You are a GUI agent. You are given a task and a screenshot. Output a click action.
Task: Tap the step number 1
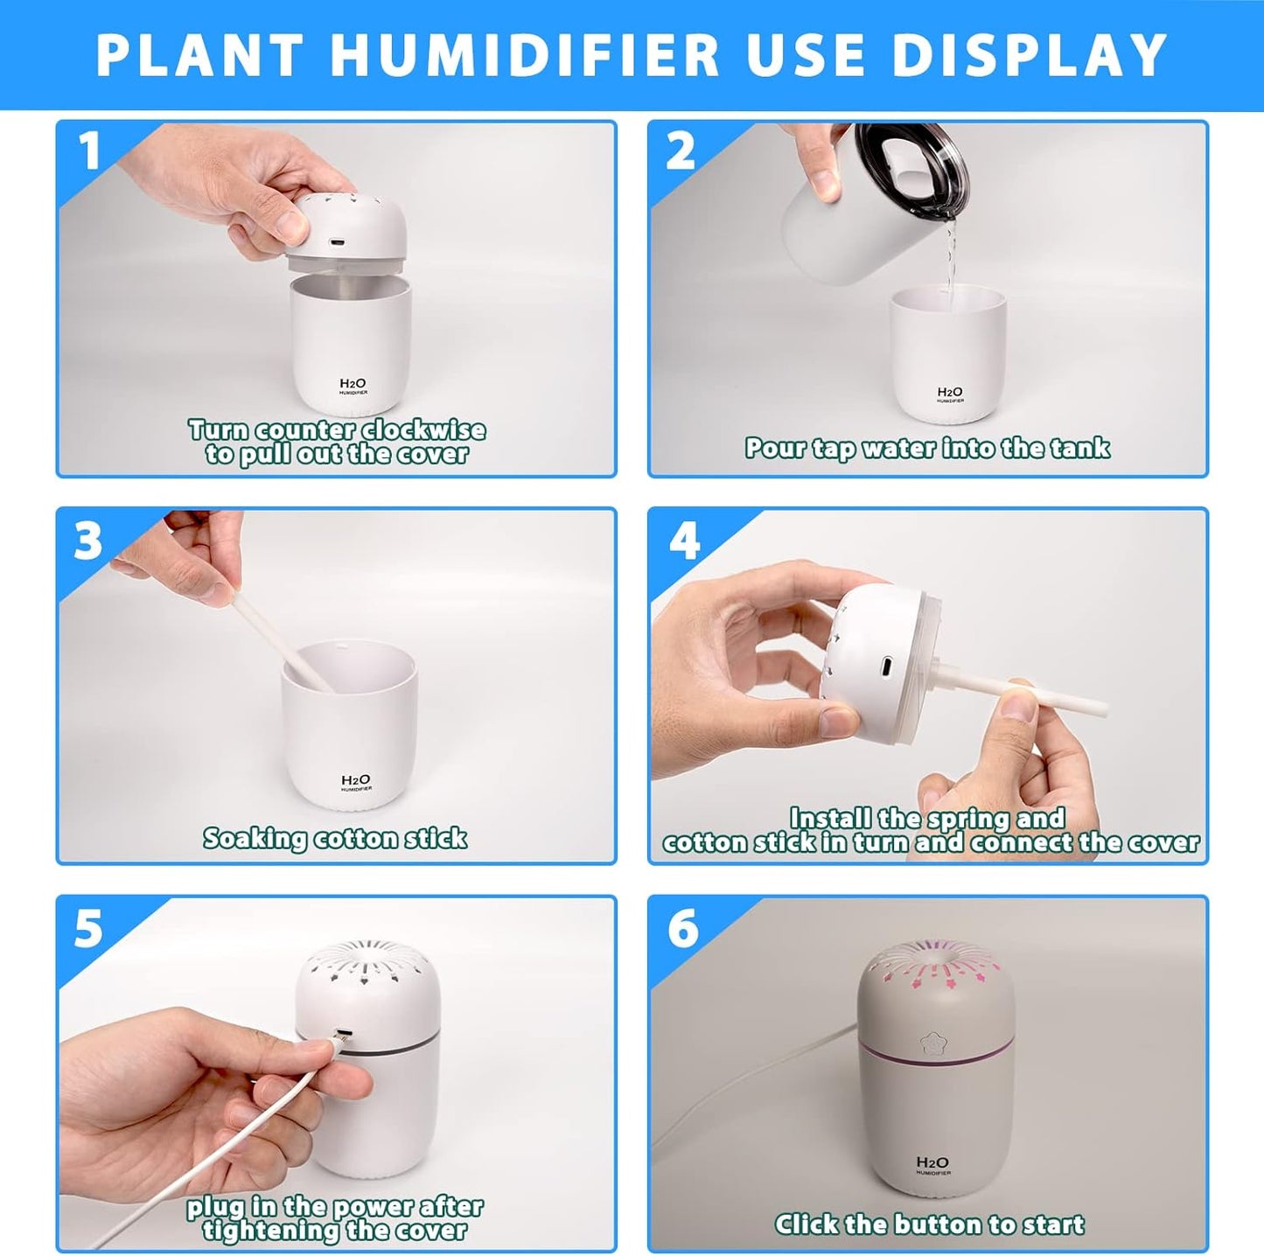point(89,150)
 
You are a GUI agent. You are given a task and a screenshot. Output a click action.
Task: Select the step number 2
point(681,150)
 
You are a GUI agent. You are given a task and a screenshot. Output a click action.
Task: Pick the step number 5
point(88,928)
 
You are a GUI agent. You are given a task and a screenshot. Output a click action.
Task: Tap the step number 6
point(683,928)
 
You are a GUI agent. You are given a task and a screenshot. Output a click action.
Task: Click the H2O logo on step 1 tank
point(353,386)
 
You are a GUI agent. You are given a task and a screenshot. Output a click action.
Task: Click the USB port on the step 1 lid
point(337,242)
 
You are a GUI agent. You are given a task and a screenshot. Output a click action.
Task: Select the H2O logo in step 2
point(950,394)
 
